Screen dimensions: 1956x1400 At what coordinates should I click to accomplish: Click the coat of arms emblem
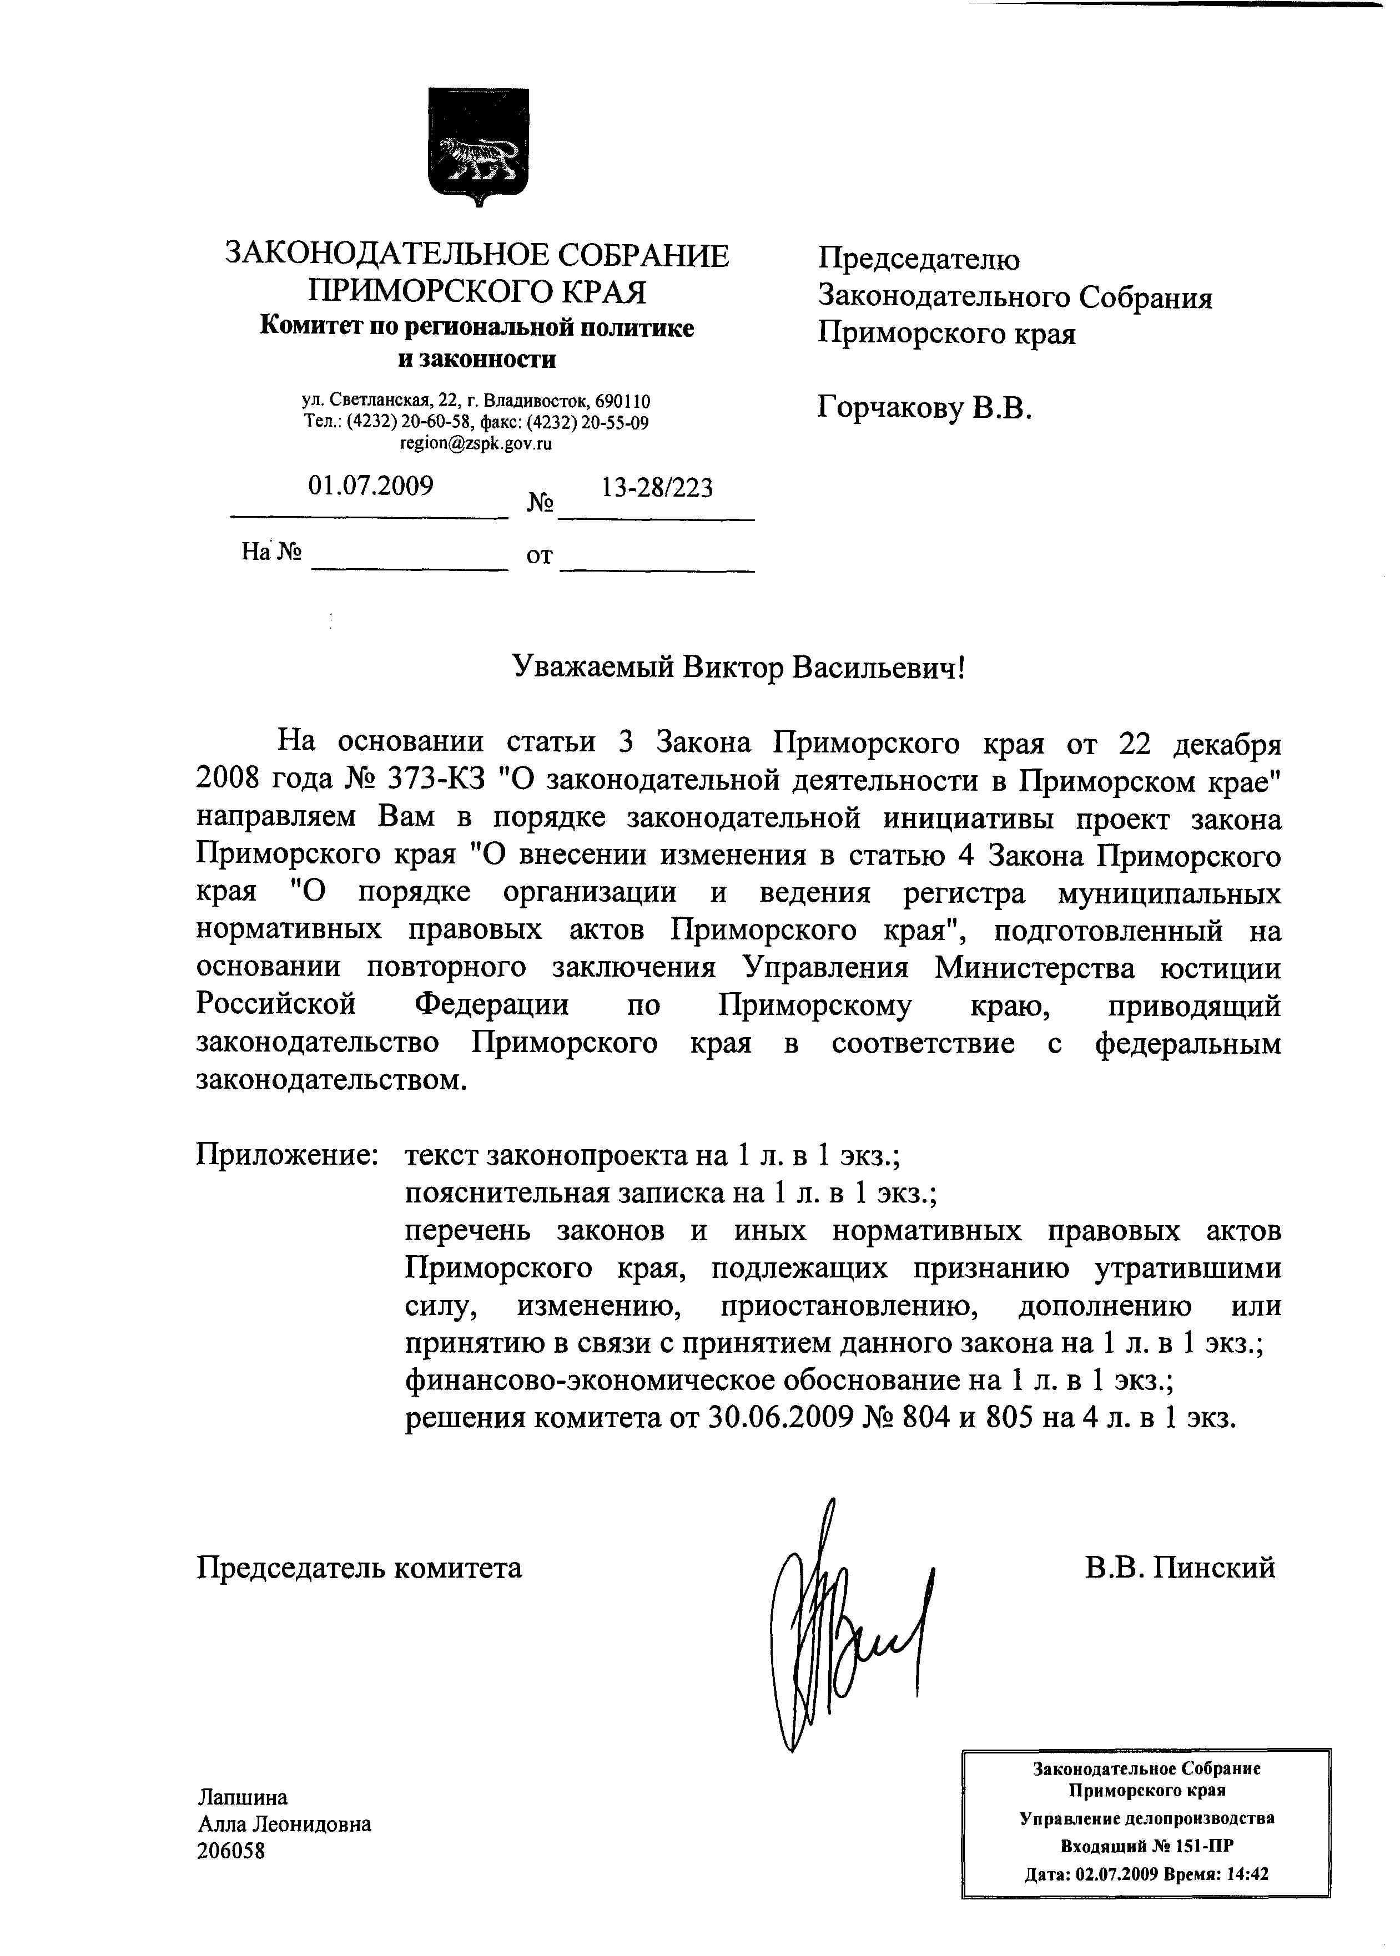[479, 146]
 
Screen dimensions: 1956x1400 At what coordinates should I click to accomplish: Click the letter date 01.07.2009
[371, 486]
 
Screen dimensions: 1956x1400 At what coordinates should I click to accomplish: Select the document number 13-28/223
[657, 488]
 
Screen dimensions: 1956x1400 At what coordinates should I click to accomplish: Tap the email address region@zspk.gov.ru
[476, 444]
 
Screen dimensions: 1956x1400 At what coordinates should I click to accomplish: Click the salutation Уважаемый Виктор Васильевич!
[738, 667]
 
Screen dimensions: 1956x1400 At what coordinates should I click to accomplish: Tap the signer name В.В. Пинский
[1179, 1566]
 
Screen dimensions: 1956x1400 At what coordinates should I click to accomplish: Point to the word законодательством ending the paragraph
[330, 1080]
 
